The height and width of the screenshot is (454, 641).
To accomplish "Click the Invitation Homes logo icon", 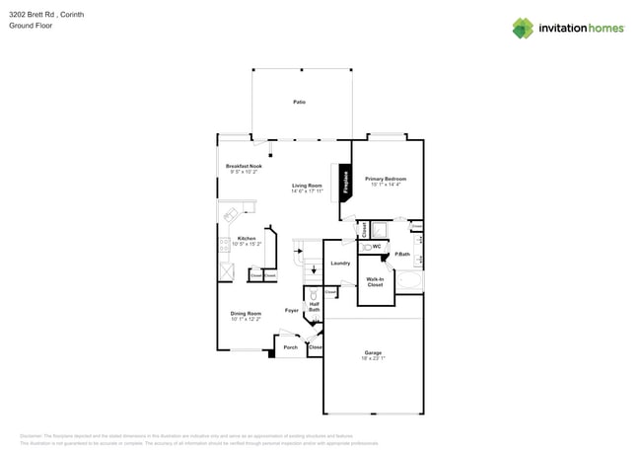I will (523, 29).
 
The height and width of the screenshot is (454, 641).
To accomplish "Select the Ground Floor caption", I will (31, 26).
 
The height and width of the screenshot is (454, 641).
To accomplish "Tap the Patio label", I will (299, 103).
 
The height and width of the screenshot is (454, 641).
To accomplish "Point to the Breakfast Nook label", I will (244, 166).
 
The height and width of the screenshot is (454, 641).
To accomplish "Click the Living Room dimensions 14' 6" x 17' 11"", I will (307, 191).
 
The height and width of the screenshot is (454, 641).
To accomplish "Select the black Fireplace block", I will (346, 185).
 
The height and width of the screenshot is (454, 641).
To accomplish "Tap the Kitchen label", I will (247, 238).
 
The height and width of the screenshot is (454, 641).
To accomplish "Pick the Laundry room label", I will (340, 264).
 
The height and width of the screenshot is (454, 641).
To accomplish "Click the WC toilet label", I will (377, 246).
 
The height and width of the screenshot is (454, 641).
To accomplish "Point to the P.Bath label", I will (402, 255).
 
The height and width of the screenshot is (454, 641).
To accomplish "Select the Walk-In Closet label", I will (375, 282).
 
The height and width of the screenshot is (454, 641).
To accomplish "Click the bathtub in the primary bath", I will (413, 284).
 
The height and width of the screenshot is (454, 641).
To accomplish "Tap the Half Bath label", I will (314, 307).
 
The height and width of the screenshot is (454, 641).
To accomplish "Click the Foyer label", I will (292, 311).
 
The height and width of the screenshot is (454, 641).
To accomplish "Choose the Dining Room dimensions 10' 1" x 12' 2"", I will (246, 320).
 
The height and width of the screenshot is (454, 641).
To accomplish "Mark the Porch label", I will (291, 347).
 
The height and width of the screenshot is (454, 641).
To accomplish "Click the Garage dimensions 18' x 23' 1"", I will (373, 358).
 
